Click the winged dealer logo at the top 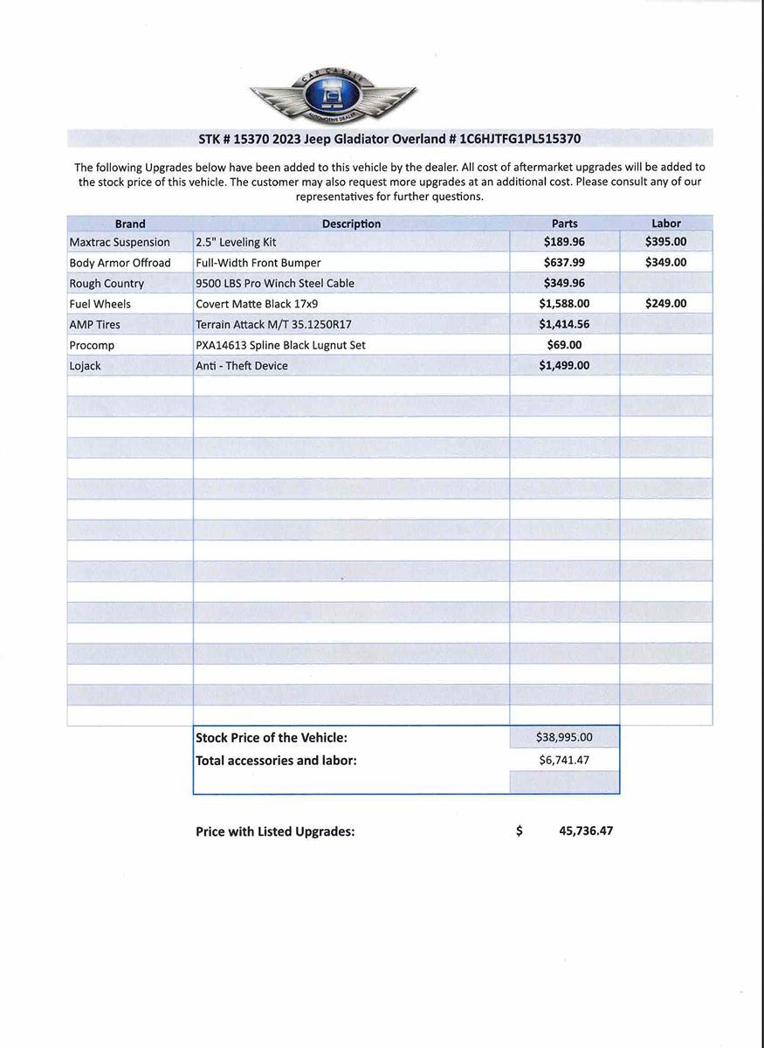(333, 98)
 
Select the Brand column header (130, 224)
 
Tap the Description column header (351, 224)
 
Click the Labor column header (665, 224)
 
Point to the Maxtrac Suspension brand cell (120, 242)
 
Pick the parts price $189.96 (564, 242)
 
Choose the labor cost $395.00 (665, 242)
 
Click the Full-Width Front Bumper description (258, 263)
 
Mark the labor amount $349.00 (665, 262)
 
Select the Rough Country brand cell (107, 284)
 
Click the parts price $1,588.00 (564, 304)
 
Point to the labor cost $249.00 (665, 304)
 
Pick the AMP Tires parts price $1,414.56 (564, 325)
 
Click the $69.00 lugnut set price (564, 345)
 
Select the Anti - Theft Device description (242, 366)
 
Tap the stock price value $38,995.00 (564, 738)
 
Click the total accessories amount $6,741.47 (564, 760)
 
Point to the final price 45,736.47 (585, 831)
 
